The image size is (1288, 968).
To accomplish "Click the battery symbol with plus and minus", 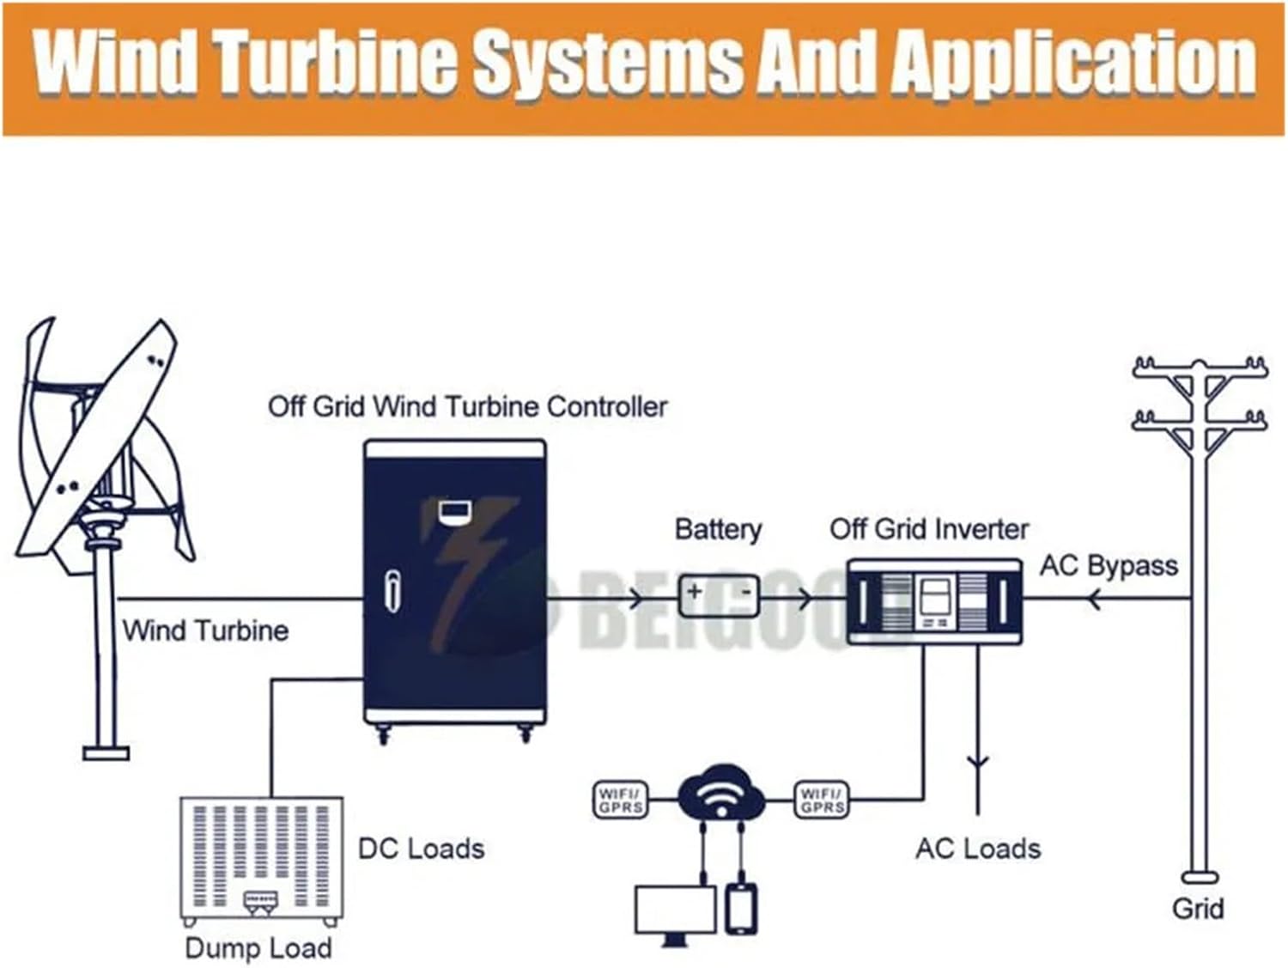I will tap(720, 595).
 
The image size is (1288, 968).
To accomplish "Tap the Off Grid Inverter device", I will tap(934, 601).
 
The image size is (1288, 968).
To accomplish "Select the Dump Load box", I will tap(261, 860).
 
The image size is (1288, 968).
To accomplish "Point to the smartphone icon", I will tap(740, 909).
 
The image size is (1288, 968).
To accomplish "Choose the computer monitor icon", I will tap(675, 912).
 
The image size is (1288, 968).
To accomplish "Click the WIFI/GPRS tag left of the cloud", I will tap(620, 800).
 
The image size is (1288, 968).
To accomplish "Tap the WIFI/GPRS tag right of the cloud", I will tap(822, 800).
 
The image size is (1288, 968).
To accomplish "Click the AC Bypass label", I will tap(1109, 566).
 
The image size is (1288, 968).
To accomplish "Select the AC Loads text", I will tap(978, 849).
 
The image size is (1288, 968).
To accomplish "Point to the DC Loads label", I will tap(421, 849).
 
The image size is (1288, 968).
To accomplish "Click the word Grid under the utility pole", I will tap(1198, 909).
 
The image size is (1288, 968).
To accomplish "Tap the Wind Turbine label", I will tap(205, 630).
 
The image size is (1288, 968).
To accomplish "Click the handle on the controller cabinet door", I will tap(392, 591).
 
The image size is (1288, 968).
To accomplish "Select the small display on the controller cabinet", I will tap(453, 511).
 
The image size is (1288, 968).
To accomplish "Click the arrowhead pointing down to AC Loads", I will tap(977, 762).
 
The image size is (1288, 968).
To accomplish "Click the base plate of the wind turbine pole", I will tap(106, 753).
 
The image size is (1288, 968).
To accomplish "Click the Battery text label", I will tap(718, 529).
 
